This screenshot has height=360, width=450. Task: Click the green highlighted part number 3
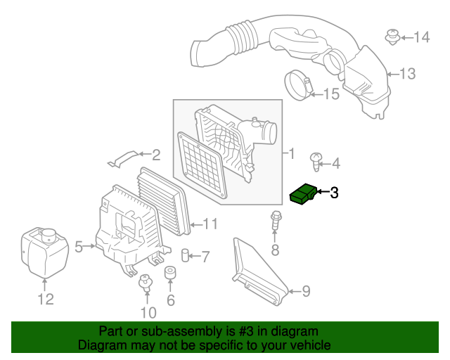(x=304, y=193)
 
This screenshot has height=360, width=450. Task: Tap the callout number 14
(x=421, y=37)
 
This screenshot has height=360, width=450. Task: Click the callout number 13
(x=408, y=73)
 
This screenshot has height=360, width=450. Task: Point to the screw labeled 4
(x=316, y=163)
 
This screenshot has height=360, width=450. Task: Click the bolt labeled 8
(x=275, y=221)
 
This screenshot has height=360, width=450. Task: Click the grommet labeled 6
(x=169, y=274)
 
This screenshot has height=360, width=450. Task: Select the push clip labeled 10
(x=146, y=283)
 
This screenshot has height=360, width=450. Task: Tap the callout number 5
(x=79, y=246)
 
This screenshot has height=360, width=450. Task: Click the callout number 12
(x=44, y=300)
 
